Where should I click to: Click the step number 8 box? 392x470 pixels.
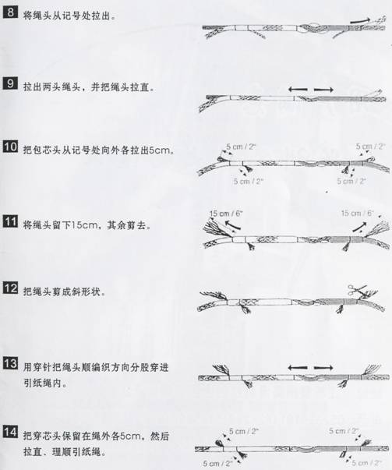(10, 12)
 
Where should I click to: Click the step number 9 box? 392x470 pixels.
(10, 83)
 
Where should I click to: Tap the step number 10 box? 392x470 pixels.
(10, 147)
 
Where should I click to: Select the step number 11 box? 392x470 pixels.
(10, 221)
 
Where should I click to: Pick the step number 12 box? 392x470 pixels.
(10, 288)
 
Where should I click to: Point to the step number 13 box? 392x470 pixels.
(10, 363)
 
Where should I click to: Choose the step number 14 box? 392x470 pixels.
(10, 432)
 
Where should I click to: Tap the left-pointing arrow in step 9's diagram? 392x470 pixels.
(298, 90)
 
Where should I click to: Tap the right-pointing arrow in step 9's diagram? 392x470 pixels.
(323, 90)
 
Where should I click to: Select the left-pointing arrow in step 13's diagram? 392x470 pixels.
(298, 367)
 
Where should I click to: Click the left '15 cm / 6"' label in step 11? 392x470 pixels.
(226, 214)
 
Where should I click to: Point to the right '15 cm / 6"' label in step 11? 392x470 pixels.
(358, 213)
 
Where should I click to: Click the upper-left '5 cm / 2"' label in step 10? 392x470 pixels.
(241, 147)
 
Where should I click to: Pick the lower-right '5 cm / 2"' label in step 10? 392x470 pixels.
(351, 181)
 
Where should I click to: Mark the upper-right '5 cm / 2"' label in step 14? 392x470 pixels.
(344, 431)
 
